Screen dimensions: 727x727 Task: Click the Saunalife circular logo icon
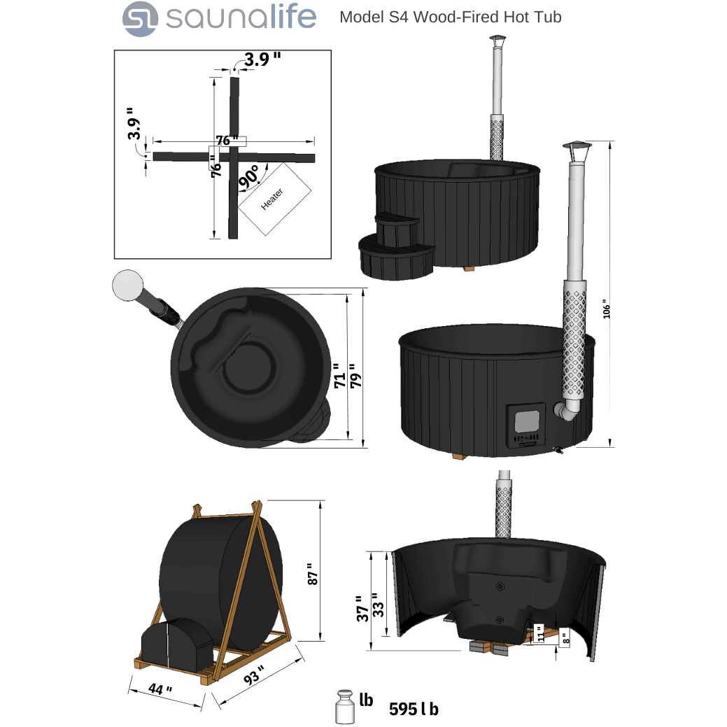coord(140,19)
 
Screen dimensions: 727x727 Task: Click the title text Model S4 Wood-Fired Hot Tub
coord(450,17)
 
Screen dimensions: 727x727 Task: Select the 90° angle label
coord(249,176)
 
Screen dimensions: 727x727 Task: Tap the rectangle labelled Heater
coord(274,199)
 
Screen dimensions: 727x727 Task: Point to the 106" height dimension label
coord(607,309)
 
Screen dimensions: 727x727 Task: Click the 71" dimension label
coord(339,376)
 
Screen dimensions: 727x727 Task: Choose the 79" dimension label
coord(355,376)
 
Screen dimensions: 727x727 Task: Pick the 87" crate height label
coord(312,574)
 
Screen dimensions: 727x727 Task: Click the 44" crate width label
coord(160,689)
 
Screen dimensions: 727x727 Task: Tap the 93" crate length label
coord(254,675)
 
